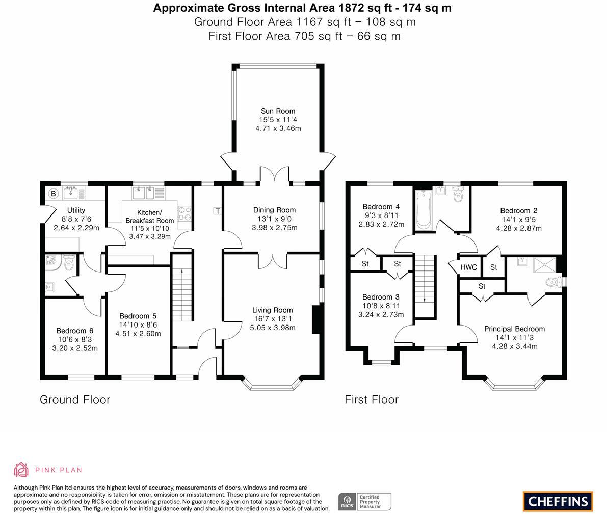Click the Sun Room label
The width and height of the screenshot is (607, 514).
pos(278,111)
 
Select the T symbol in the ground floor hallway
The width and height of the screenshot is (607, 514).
pos(218,211)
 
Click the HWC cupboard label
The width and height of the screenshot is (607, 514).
pos(468,267)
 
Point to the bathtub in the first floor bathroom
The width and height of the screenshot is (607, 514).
pos(423,209)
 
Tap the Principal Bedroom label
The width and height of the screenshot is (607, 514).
pos(514,329)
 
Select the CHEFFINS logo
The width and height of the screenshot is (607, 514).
pos(558,502)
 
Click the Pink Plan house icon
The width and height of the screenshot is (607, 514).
pos(21,470)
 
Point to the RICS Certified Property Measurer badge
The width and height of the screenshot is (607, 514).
pos(365,502)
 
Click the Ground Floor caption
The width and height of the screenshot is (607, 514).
pos(75,400)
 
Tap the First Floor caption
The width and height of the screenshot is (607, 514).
pos(372,400)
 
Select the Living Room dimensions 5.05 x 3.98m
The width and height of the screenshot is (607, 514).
pos(273,328)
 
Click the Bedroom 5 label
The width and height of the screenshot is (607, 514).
pos(138,316)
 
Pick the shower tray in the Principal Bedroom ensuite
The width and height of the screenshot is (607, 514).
pos(544,265)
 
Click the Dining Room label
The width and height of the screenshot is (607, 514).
pos(275,210)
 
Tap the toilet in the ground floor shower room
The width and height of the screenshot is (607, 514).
pos(69,263)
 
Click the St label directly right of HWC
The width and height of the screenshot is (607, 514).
pos(493,267)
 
